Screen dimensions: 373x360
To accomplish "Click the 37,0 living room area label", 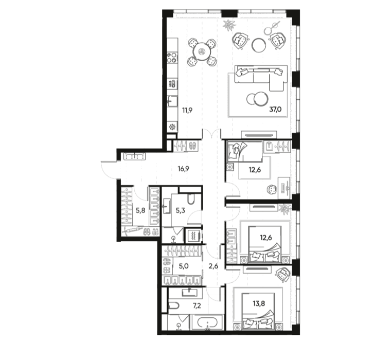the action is [x=275, y=110].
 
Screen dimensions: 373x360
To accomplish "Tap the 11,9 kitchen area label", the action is [x=187, y=110].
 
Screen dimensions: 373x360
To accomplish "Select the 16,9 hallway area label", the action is [x=184, y=169].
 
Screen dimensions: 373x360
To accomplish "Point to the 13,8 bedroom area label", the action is [x=259, y=303].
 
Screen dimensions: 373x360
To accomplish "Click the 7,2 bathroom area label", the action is [x=197, y=306].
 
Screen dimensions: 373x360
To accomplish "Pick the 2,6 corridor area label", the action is [x=213, y=266].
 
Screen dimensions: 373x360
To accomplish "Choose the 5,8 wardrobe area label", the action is [x=140, y=210].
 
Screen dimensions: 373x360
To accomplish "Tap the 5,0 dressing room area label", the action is [x=184, y=266].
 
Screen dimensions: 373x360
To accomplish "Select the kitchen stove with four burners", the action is [x=172, y=57].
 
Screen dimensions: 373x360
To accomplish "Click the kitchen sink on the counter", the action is [x=172, y=101].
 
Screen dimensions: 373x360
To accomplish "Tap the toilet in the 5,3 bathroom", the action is [x=191, y=199].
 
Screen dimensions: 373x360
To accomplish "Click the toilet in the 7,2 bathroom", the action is [x=173, y=305].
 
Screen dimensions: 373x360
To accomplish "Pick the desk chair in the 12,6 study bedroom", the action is [x=272, y=190].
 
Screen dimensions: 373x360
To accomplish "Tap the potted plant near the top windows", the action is [x=229, y=25].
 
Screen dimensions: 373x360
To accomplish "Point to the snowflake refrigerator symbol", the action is [x=172, y=127].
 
